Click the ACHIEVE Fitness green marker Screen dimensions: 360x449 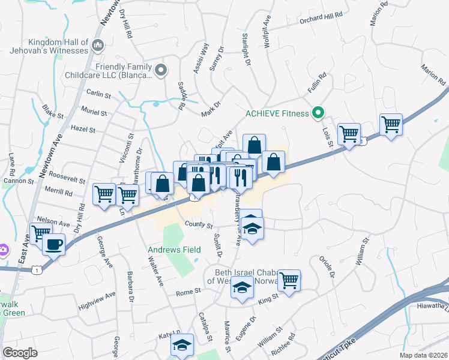tap(319, 113)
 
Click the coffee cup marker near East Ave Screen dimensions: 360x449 tap(54, 245)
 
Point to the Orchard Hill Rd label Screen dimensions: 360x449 tap(321, 17)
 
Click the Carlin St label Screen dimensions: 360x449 tap(99, 95)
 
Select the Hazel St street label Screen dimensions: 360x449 tap(83, 129)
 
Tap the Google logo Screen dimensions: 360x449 tap(20, 353)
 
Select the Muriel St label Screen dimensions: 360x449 tap(94, 112)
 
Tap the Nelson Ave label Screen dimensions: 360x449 tap(53, 223)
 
